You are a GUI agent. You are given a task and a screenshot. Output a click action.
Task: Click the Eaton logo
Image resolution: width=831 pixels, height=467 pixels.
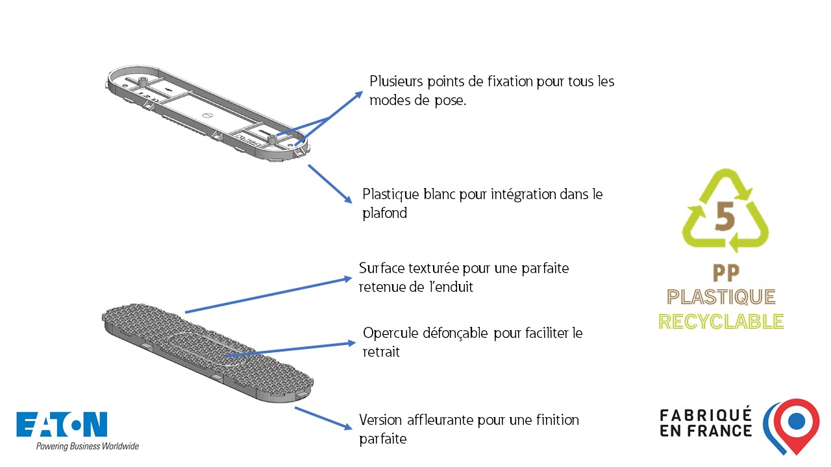62,424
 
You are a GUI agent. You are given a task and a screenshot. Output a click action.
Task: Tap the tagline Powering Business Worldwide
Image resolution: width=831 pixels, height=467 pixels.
88,446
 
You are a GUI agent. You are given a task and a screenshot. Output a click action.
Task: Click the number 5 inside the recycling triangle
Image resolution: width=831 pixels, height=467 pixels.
725,216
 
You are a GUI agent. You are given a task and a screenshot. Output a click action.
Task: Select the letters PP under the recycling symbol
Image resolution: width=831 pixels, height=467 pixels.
726,273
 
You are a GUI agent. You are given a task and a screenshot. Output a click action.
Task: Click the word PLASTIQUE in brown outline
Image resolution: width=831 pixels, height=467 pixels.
721,297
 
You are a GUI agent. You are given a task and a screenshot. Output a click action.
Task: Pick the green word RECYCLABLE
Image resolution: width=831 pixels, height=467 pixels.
721,321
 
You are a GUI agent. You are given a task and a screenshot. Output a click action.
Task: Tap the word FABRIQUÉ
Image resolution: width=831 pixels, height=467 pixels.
706,414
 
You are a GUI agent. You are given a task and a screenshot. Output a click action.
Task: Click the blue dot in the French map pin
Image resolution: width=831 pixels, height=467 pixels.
796,421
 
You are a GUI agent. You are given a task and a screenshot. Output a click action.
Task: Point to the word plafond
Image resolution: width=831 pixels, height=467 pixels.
385,213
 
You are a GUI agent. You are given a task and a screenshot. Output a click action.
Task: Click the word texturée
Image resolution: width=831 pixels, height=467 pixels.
434,268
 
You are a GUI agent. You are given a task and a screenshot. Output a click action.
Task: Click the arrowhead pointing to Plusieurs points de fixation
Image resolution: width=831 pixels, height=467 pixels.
359,94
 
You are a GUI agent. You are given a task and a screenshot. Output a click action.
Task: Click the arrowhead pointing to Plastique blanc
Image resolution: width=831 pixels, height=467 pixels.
348,199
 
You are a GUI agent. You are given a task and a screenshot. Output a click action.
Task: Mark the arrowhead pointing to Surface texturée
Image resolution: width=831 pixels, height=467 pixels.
347,279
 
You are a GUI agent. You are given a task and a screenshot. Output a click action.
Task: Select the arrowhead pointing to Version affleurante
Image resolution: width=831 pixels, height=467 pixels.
348,427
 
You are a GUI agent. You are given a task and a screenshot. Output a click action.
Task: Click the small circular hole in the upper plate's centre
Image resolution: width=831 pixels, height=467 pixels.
207,115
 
